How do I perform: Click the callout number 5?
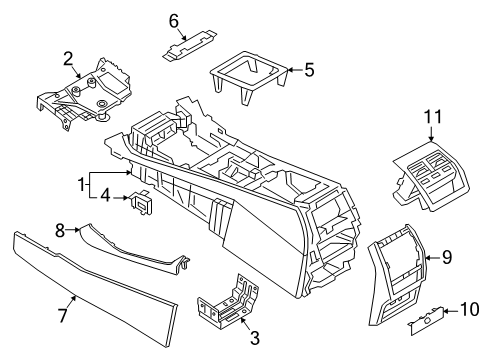(309, 70)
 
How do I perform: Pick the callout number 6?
(173, 19)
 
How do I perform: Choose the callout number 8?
(59, 230)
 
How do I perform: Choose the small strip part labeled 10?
(423, 320)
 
